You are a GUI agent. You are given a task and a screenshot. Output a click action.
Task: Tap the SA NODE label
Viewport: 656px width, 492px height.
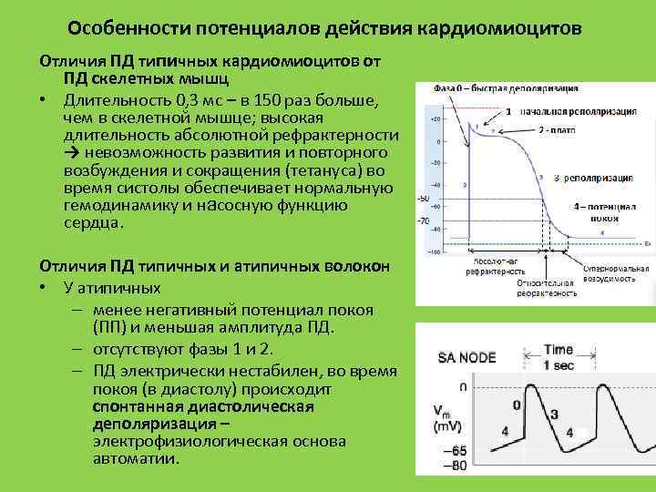(x=468, y=357)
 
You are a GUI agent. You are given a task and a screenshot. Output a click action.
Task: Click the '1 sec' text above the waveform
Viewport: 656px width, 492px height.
(x=559, y=364)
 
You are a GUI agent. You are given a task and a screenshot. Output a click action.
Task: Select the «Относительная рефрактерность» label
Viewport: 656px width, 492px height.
(x=547, y=288)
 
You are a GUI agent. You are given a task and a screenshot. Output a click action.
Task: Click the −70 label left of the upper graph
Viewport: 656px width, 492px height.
(x=423, y=220)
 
